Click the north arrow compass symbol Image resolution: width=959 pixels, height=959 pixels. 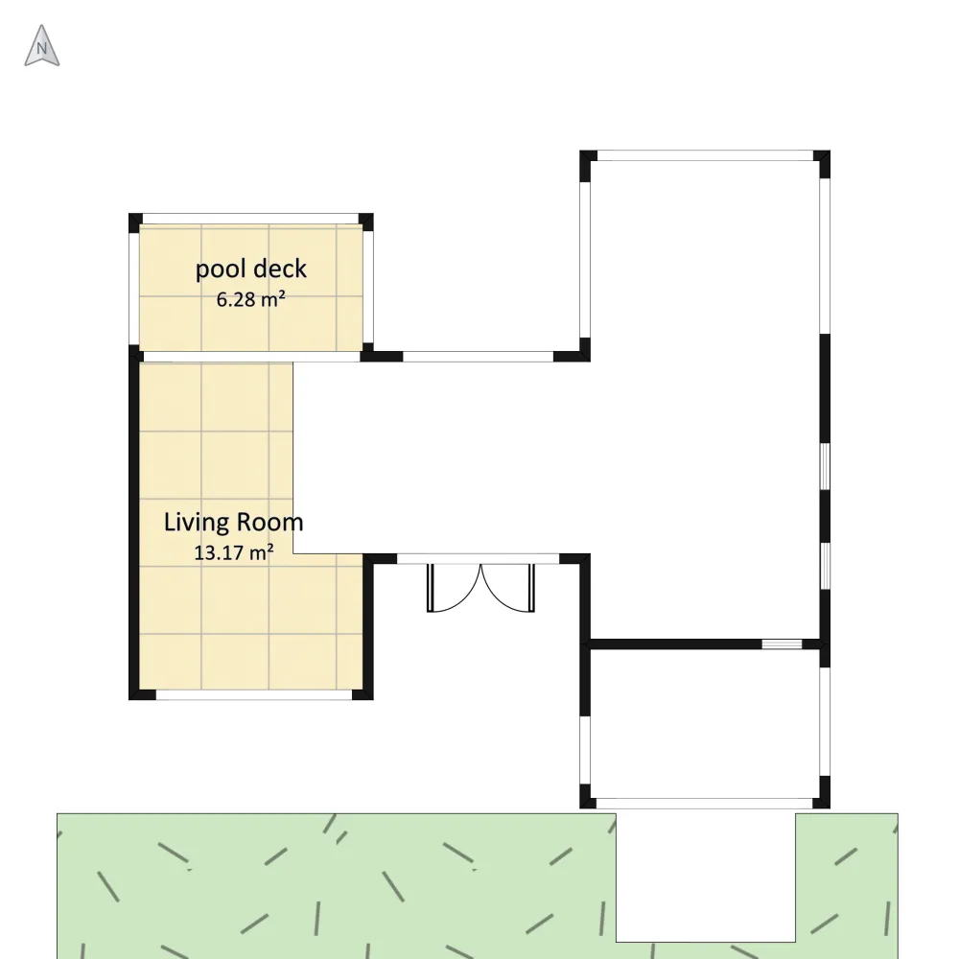pyautogui.click(x=41, y=46)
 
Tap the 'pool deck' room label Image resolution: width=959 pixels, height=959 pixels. pyautogui.click(x=250, y=269)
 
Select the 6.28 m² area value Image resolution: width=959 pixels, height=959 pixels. pyautogui.click(x=250, y=299)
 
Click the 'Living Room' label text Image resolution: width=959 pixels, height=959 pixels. pyautogui.click(x=234, y=523)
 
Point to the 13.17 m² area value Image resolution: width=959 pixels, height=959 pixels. pyautogui.click(x=234, y=552)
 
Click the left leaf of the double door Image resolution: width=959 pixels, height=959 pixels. pyautogui.click(x=454, y=588)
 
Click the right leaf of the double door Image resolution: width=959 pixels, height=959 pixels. pyautogui.click(x=507, y=588)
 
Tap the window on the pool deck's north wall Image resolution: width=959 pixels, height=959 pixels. pyautogui.click(x=250, y=219)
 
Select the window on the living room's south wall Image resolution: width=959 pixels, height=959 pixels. pyautogui.click(x=254, y=694)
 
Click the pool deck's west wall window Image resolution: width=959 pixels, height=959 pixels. pyautogui.click(x=134, y=289)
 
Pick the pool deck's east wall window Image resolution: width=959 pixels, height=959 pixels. pyautogui.click(x=368, y=287)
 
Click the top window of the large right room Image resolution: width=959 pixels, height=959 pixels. pyautogui.click(x=705, y=155)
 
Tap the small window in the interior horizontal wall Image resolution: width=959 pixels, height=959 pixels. pyautogui.click(x=782, y=644)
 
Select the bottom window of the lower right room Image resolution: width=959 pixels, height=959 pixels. pyautogui.click(x=704, y=803)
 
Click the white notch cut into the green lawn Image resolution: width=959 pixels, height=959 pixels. pyautogui.click(x=705, y=877)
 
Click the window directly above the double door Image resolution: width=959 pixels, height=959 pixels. pyautogui.click(x=479, y=559)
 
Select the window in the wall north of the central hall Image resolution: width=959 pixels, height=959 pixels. pyautogui.click(x=479, y=357)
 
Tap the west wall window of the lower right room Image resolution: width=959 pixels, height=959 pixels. pyautogui.click(x=585, y=750)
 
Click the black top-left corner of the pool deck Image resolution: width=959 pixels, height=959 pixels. pyautogui.click(x=135, y=221)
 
